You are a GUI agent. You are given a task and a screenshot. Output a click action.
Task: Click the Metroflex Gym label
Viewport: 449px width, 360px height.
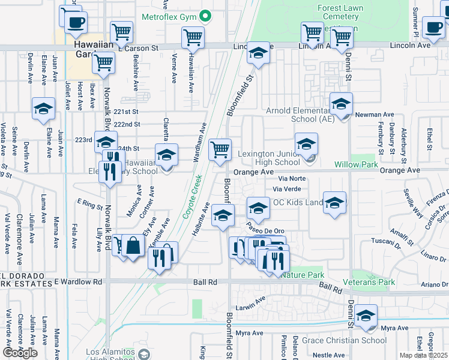(169, 16)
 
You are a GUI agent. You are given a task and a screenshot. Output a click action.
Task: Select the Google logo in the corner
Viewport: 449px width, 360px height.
(20, 353)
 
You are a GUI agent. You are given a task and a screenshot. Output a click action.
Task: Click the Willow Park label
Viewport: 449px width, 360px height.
(373, 164)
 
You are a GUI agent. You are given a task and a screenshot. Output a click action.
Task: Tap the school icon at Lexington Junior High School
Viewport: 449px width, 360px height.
(306, 144)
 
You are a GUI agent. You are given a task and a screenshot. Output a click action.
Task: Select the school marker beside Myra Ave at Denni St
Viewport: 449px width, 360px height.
(366, 316)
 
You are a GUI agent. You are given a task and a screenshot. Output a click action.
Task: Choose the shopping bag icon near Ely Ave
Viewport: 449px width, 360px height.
(134, 244)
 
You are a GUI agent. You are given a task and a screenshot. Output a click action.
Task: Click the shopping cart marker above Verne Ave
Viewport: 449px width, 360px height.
(192, 37)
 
